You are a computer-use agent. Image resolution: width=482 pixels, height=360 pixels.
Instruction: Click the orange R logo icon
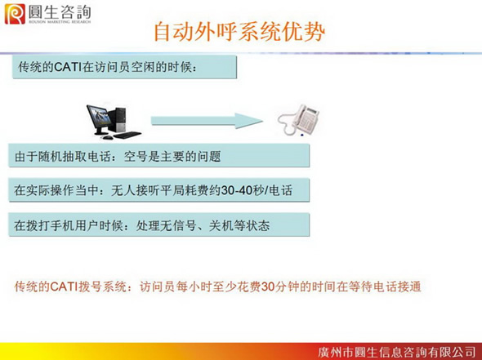(x=15, y=14)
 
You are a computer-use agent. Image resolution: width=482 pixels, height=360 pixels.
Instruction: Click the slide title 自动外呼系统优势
(x=239, y=32)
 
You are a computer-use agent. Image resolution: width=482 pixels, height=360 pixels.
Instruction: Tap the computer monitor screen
(x=99, y=118)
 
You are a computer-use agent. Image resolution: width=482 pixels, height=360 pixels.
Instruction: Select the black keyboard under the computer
(x=127, y=135)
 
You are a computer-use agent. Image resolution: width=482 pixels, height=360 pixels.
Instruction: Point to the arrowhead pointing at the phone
(x=248, y=121)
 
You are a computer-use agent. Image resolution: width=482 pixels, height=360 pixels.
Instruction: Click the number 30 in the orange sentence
(x=267, y=287)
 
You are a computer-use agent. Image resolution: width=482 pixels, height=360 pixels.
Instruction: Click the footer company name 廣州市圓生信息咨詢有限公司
(x=397, y=352)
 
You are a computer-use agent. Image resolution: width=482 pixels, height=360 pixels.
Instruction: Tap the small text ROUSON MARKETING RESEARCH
(x=60, y=22)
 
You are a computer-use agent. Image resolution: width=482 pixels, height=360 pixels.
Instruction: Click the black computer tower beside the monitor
(x=119, y=120)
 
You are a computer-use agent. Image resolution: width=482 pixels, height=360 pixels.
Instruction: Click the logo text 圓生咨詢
(x=60, y=12)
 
